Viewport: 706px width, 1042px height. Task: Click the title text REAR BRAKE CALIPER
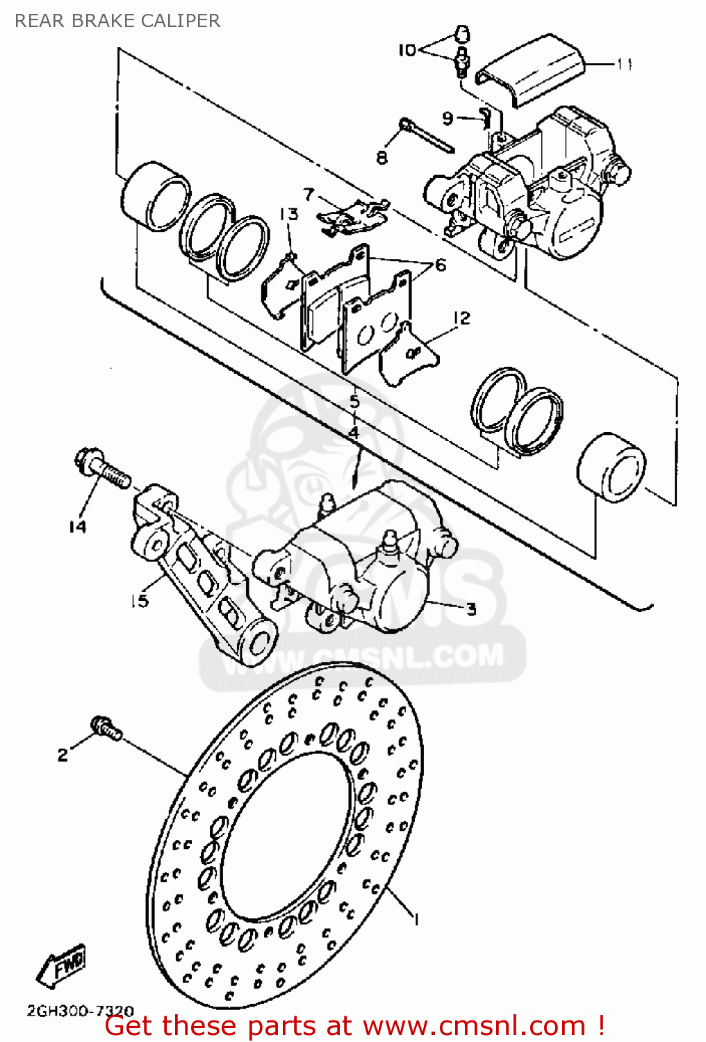pyautogui.click(x=117, y=21)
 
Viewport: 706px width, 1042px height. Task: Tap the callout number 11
pyautogui.click(x=625, y=64)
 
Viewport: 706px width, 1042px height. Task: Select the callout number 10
pyautogui.click(x=407, y=50)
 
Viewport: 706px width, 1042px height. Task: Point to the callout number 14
pyautogui.click(x=78, y=527)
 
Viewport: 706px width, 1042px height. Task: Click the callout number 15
pyautogui.click(x=140, y=600)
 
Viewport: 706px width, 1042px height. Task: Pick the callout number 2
pyautogui.click(x=63, y=754)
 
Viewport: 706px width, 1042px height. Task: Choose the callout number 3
pyautogui.click(x=471, y=609)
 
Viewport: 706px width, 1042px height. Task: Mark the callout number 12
pyautogui.click(x=461, y=317)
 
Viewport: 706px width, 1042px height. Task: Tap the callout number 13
pyautogui.click(x=289, y=214)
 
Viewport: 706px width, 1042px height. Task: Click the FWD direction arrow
pyautogui.click(x=61, y=967)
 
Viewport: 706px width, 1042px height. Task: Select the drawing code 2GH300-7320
pyautogui.click(x=81, y=1011)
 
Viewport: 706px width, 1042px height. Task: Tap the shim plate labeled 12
pyautogui.click(x=409, y=356)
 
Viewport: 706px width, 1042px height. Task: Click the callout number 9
pyautogui.click(x=448, y=118)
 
